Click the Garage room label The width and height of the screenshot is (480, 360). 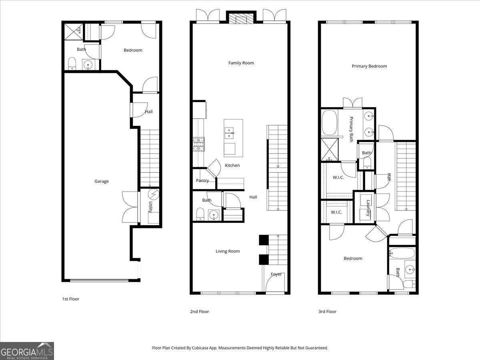point(101,181)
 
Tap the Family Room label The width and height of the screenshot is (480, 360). point(241,63)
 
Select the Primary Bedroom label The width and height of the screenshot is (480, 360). point(369,66)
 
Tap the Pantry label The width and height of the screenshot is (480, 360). point(202,180)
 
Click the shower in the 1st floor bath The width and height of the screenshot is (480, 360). point(73,31)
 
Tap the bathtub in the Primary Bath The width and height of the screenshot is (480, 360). point(330,123)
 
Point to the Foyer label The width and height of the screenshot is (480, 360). point(276,274)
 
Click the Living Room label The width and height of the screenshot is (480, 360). point(228,251)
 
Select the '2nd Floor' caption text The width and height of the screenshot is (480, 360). point(199,311)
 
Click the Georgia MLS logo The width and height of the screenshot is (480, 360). point(27,351)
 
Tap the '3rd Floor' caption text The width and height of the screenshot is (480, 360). point(327,311)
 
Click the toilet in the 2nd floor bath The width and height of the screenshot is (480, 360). point(200,214)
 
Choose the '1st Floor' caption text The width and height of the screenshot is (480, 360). point(70,299)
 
